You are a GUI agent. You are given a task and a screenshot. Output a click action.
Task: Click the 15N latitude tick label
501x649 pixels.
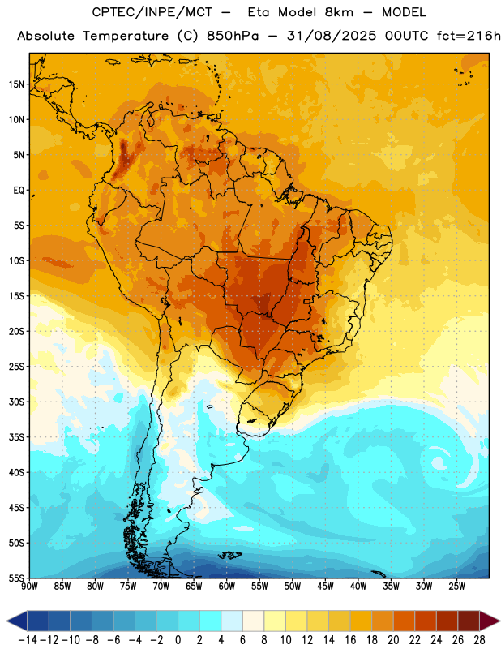16,84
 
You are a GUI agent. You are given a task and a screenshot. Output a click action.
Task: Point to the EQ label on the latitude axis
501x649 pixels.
19,191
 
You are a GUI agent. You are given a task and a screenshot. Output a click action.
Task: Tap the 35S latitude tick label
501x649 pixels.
16,437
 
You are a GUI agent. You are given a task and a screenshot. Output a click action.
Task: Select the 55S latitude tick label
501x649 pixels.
16,578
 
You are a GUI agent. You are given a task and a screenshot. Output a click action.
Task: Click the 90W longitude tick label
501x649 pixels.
29,587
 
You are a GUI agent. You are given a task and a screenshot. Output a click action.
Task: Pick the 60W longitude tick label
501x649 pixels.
227,587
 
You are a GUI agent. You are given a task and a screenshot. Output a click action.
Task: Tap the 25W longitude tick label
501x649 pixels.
456,587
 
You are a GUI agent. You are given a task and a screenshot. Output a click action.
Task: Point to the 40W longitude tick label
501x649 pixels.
358,587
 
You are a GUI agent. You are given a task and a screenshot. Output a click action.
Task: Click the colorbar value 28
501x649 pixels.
479,640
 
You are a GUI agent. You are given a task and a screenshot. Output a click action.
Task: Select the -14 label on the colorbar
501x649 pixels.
28,640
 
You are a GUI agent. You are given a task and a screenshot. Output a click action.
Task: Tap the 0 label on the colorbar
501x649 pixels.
178,640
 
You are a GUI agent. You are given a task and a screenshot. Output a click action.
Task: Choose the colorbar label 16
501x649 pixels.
350,640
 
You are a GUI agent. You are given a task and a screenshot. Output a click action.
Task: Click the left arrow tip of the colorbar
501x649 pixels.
6,621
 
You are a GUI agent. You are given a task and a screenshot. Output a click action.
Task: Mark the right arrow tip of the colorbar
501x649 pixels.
499,621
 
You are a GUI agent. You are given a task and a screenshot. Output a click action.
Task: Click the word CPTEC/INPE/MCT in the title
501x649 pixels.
152,12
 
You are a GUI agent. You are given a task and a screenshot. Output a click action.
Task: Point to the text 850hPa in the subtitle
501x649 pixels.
233,36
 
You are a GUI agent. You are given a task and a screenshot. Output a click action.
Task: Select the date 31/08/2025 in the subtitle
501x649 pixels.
332,36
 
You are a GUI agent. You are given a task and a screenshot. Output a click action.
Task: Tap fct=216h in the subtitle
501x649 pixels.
469,36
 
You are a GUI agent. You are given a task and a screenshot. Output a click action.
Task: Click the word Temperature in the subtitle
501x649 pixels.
126,37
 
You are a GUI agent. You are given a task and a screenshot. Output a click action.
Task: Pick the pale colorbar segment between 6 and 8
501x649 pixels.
253,621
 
